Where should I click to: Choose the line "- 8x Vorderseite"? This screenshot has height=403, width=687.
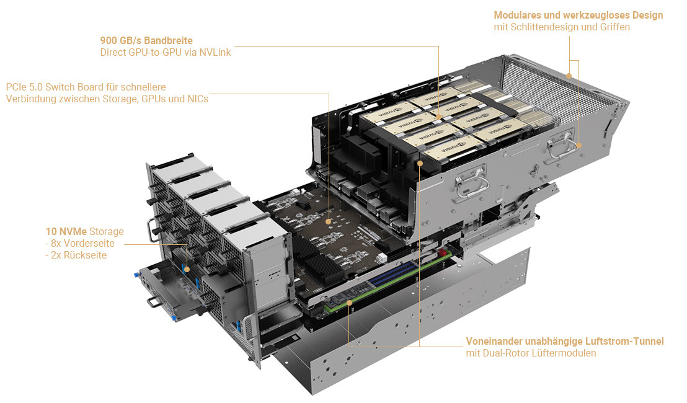click(x=80, y=244)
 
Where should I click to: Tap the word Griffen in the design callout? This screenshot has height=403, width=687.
click(x=614, y=27)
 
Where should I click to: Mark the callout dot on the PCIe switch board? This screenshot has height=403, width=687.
click(x=329, y=220)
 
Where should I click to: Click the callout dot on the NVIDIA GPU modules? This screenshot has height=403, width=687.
click(x=438, y=116)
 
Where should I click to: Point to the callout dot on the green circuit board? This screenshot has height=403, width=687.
click(x=350, y=303)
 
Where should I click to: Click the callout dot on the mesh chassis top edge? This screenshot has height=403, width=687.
click(x=569, y=76)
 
